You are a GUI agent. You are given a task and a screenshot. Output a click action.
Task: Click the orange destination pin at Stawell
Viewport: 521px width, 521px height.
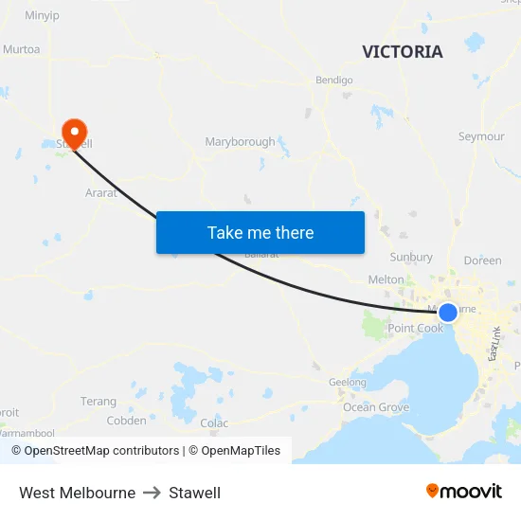click(x=73, y=131)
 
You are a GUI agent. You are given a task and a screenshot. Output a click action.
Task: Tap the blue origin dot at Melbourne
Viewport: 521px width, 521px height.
click(x=448, y=312)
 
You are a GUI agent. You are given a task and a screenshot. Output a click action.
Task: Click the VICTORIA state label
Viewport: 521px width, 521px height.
click(x=402, y=52)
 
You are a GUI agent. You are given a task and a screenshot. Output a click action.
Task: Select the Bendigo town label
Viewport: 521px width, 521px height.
click(x=333, y=81)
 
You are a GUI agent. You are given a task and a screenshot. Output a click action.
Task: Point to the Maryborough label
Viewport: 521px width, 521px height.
click(x=240, y=142)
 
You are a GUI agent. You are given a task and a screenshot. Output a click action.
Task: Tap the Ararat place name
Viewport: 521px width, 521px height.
click(x=101, y=192)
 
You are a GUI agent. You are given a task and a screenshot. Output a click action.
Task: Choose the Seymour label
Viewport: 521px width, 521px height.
click(x=481, y=136)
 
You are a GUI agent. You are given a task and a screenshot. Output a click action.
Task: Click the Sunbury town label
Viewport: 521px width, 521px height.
click(x=411, y=257)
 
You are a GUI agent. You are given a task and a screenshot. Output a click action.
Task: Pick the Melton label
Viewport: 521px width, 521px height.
click(x=386, y=279)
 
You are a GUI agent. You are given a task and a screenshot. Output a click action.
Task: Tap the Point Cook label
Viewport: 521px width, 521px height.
click(x=415, y=329)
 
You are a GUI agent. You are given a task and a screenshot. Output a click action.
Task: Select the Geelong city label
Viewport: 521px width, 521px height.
click(x=348, y=383)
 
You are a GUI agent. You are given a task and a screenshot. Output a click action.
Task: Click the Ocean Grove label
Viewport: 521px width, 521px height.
click(x=376, y=407)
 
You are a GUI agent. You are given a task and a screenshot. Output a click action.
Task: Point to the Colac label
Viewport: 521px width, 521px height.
click(x=214, y=423)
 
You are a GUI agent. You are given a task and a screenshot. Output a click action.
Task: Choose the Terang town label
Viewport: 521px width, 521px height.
click(x=99, y=402)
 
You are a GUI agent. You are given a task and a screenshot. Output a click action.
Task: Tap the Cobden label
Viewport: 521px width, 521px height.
click(x=126, y=421)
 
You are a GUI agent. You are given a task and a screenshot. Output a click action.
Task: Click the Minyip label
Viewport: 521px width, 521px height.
click(x=42, y=15)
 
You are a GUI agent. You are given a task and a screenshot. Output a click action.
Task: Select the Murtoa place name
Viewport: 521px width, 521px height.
click(x=21, y=49)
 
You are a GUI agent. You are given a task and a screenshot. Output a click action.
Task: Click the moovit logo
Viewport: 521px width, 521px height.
click(x=464, y=492)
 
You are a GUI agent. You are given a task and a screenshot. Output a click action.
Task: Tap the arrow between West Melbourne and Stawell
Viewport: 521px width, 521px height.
click(x=153, y=493)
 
